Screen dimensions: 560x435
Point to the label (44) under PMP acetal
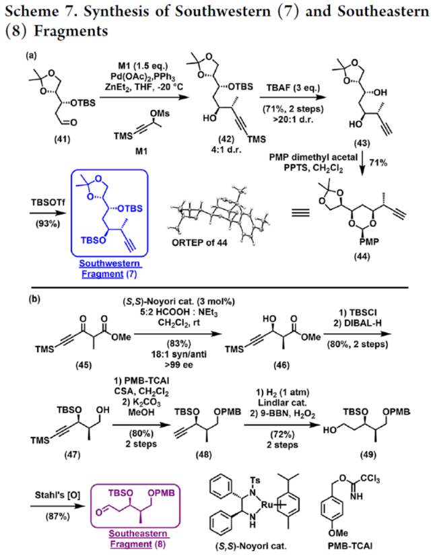point(373,280)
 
